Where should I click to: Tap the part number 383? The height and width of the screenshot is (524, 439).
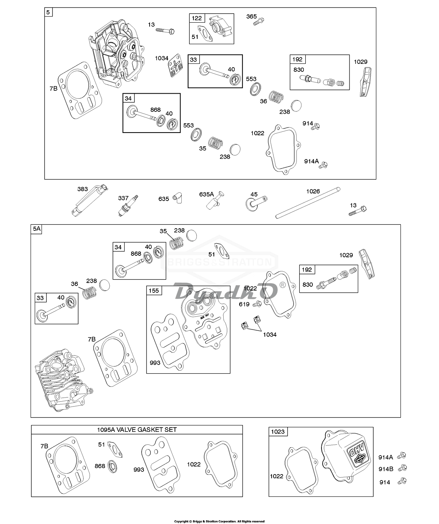[82, 189]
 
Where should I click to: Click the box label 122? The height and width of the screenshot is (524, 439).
[197, 18]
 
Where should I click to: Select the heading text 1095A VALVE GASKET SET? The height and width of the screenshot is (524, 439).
[137, 430]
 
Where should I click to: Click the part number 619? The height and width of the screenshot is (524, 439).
[244, 304]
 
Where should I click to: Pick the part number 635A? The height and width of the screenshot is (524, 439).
[207, 194]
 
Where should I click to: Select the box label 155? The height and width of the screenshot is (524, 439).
[154, 291]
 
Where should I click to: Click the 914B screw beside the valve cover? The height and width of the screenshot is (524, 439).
[403, 468]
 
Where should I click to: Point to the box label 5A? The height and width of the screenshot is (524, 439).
[36, 229]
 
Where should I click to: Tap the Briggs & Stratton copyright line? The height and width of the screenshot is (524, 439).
[220, 521]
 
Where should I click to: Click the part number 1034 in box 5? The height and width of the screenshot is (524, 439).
[161, 58]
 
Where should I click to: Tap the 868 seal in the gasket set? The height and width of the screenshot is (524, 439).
[112, 466]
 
